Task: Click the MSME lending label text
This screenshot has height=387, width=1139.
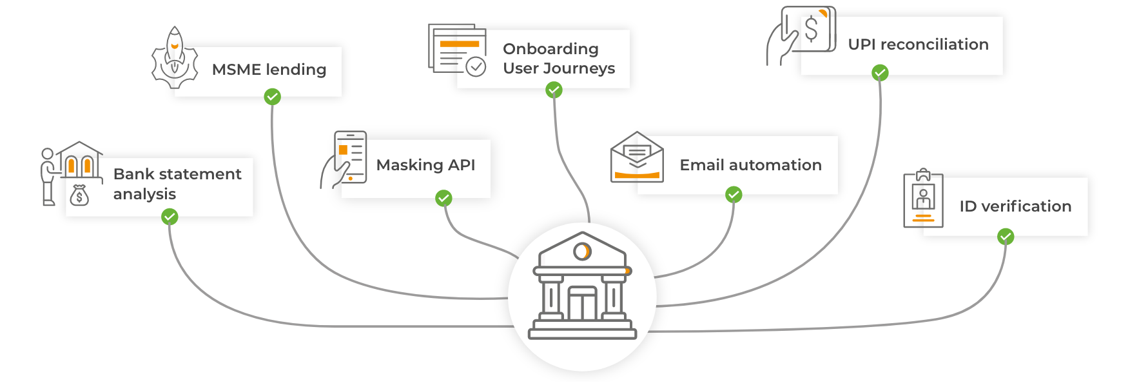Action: coord(269,70)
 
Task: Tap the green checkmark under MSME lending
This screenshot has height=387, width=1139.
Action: coord(272,97)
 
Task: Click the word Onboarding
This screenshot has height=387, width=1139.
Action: coord(550,49)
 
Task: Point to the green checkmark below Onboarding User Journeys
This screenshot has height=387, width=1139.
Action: coord(554,91)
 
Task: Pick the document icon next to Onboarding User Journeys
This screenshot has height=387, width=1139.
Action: coord(456,50)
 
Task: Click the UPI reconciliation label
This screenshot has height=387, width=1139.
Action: coord(918,45)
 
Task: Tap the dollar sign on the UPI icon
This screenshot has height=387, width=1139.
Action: coord(812,29)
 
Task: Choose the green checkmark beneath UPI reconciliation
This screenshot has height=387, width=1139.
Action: coord(880,73)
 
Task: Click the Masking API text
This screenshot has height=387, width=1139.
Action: coord(425,165)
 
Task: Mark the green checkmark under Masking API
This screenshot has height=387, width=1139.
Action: coord(443,198)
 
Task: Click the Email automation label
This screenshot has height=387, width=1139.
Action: coord(750,165)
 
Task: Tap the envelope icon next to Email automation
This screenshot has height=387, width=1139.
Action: coord(637,159)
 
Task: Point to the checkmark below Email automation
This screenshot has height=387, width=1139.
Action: coord(734,195)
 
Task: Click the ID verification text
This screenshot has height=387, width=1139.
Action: coord(1015,206)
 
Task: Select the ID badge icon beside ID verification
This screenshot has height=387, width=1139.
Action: coord(923,199)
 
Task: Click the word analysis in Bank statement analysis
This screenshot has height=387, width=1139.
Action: coord(144,194)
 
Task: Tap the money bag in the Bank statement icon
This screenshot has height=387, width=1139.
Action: coord(79,195)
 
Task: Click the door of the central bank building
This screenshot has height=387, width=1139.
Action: coord(582,304)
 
